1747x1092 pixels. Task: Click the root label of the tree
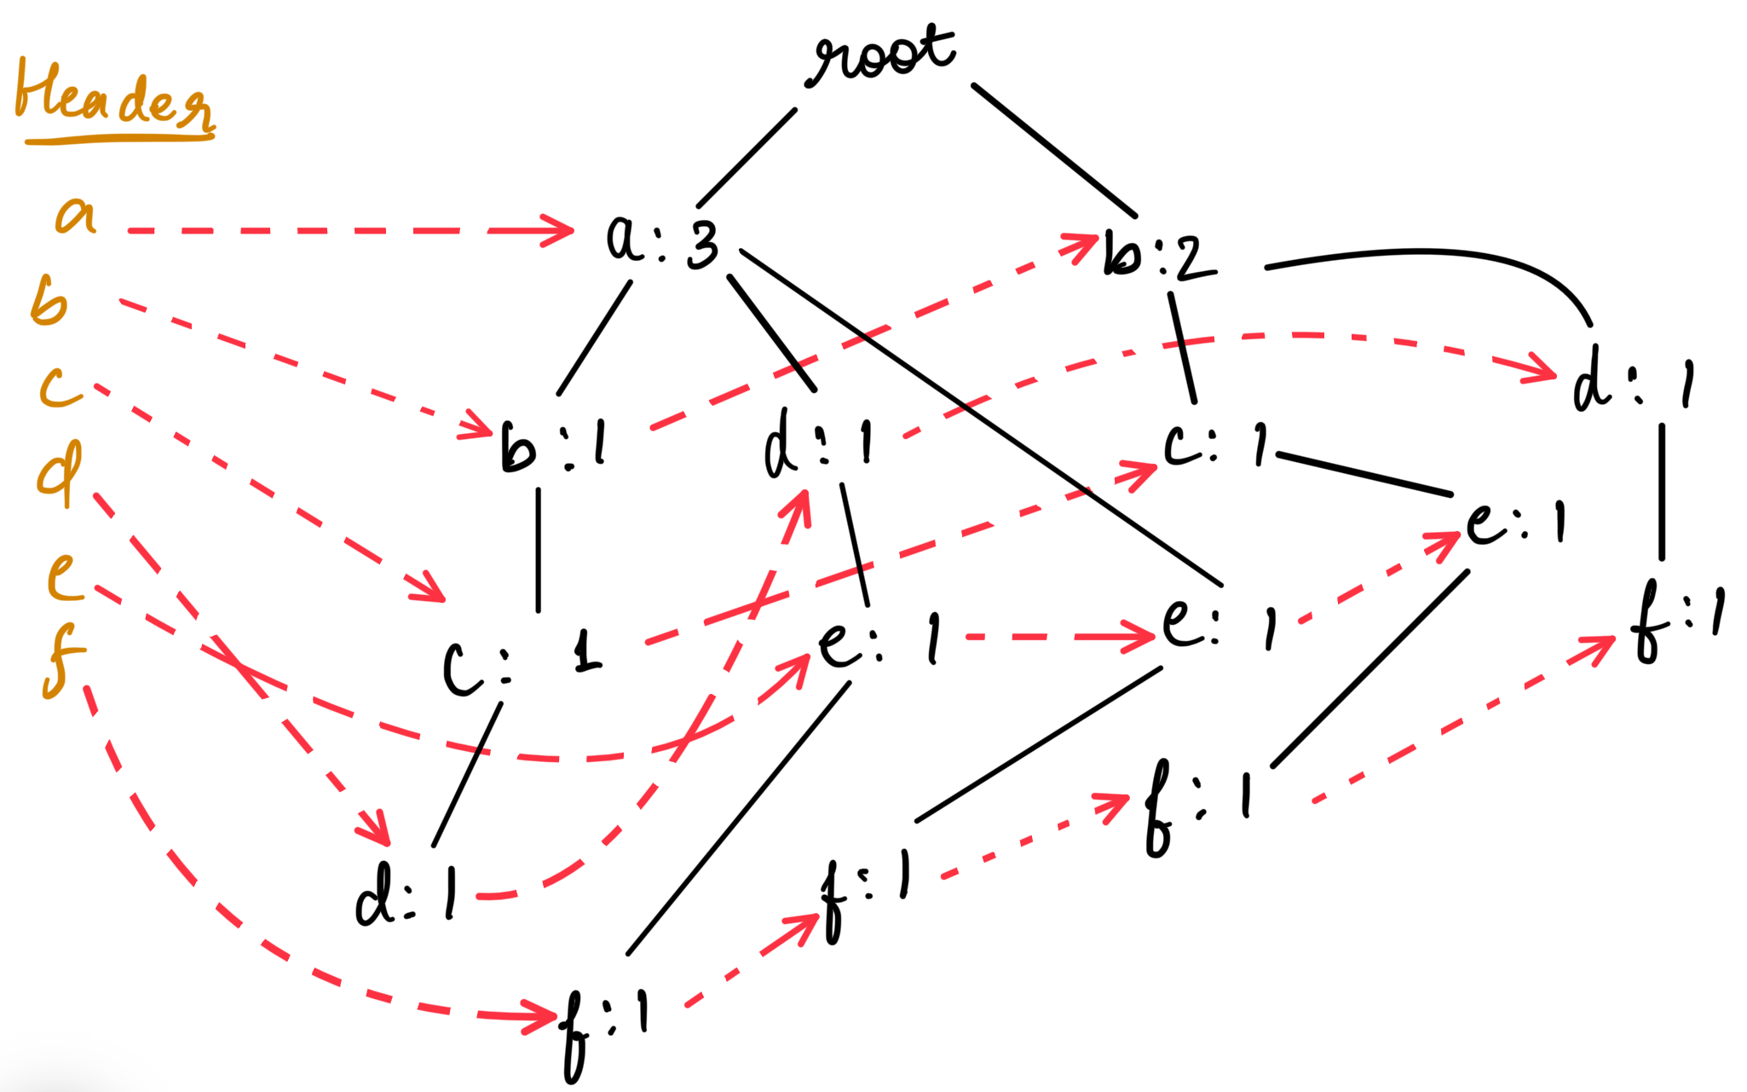pyautogui.click(x=883, y=56)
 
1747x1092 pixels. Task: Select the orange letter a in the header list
pyautogui.click(x=77, y=215)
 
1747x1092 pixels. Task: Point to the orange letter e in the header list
pyautogui.click(x=65, y=577)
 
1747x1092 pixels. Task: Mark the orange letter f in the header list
pyautogui.click(x=62, y=661)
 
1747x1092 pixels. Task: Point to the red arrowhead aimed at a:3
pyautogui.click(x=558, y=230)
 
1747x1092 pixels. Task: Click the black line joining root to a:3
pyautogui.click(x=747, y=158)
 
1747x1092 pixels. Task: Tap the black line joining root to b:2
pyautogui.click(x=1054, y=150)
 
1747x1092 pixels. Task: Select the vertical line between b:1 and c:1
pyautogui.click(x=538, y=550)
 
